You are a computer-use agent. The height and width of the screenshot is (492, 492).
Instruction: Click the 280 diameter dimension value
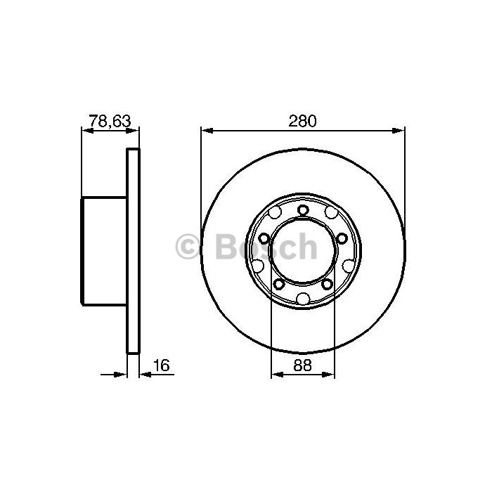click(302, 121)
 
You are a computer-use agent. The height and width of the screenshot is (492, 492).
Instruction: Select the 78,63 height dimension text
click(110, 121)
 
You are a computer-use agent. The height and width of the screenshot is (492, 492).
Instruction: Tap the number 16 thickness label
click(161, 365)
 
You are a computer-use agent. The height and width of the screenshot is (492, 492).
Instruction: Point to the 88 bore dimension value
click(302, 365)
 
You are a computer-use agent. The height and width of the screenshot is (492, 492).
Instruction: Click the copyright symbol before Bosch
click(187, 247)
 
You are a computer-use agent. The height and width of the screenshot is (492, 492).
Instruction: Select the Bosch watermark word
click(266, 247)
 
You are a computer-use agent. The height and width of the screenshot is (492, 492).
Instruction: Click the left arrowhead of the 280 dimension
click(207, 131)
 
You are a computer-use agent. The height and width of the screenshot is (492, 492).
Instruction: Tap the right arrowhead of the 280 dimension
click(399, 131)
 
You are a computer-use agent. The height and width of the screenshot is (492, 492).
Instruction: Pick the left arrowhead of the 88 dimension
click(278, 375)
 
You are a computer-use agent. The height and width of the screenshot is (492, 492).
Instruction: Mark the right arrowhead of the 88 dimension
click(328, 375)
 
